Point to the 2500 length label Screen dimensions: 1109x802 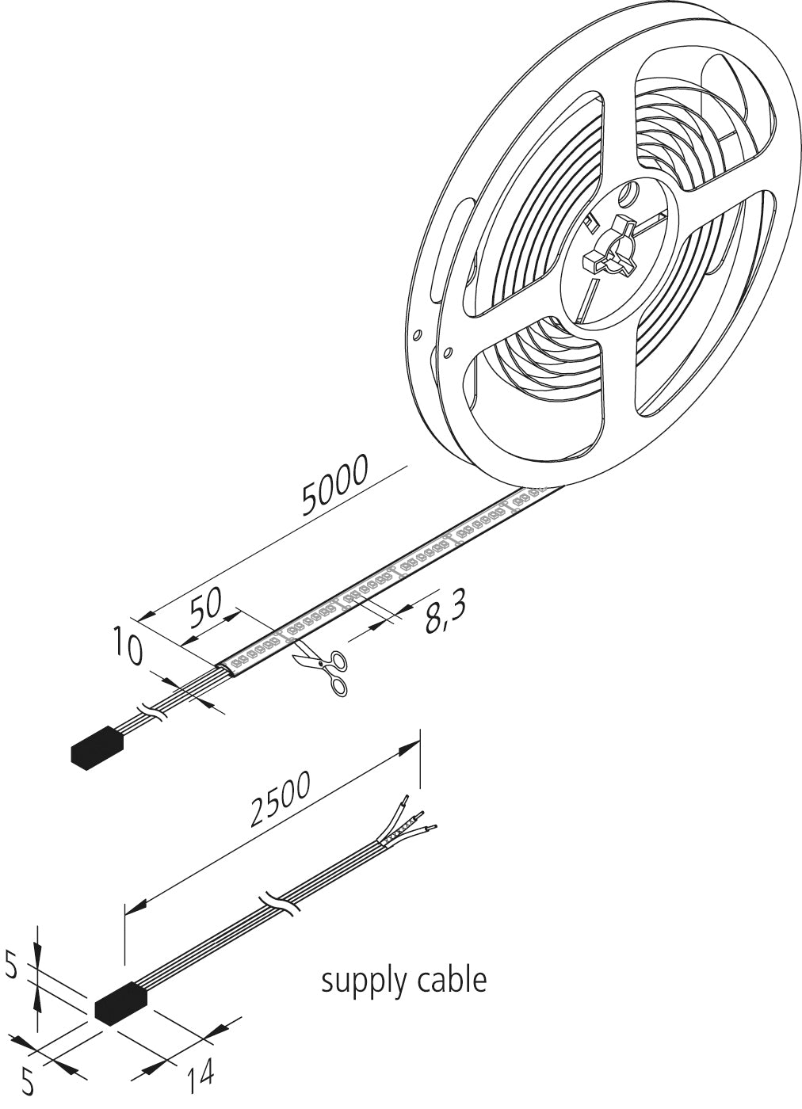tap(279, 801)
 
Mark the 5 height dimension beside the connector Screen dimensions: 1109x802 tap(10, 966)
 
